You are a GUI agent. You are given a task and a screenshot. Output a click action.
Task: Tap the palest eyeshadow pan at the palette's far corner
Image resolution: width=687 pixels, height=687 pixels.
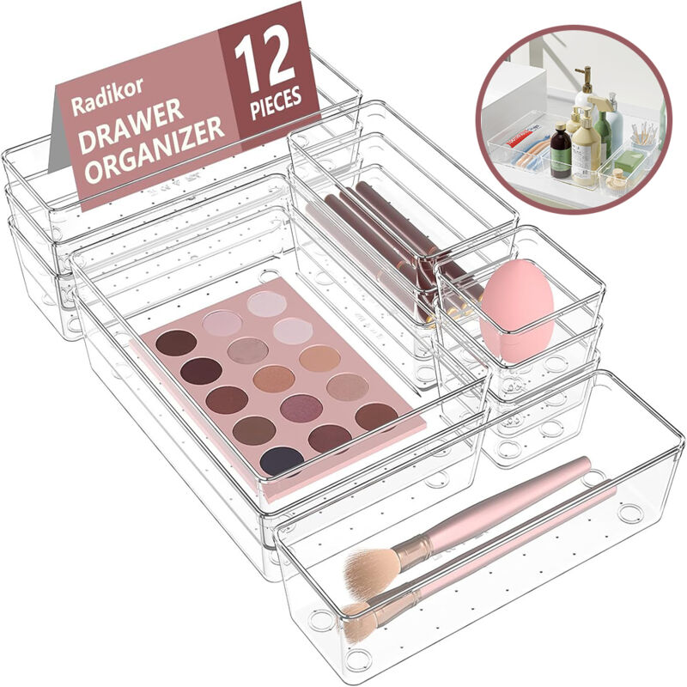[x=266, y=303]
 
